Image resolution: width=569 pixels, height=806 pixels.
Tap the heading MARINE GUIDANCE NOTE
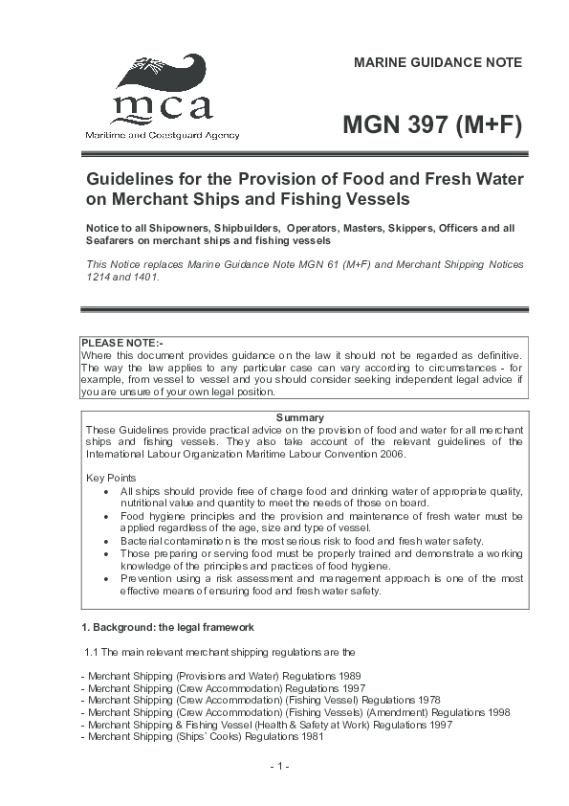[438, 63]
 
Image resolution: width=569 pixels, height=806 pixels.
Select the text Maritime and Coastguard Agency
[163, 135]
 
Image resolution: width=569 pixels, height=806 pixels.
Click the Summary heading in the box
[299, 417]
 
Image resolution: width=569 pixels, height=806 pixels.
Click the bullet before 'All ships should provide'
[106, 491]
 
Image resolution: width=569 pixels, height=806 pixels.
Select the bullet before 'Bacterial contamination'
[106, 541]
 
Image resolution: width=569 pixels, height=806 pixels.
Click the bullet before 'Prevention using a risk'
[106, 578]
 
